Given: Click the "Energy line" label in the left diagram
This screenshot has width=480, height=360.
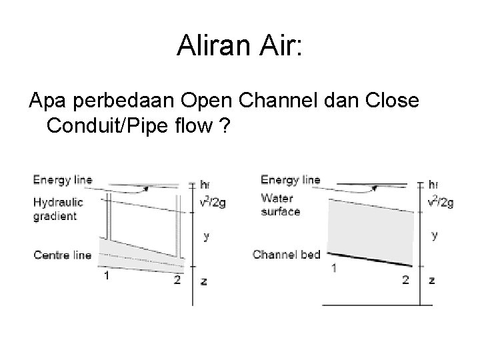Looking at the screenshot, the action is click(63, 179).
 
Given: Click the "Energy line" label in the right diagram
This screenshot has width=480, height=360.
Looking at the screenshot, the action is click(290, 179).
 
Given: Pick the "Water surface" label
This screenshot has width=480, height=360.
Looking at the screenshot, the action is click(281, 205).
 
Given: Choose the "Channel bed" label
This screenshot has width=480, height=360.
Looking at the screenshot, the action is click(287, 254).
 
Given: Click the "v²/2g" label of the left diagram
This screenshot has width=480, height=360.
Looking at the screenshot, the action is click(213, 202).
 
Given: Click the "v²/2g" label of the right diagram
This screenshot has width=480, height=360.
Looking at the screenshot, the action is click(440, 202).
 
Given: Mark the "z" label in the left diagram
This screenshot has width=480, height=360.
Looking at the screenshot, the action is click(203, 281).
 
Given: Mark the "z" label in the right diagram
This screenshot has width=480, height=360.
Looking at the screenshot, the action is click(431, 280).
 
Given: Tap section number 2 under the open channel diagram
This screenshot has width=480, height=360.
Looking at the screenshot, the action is click(405, 279).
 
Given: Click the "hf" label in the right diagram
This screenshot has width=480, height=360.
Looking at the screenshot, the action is click(434, 183).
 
